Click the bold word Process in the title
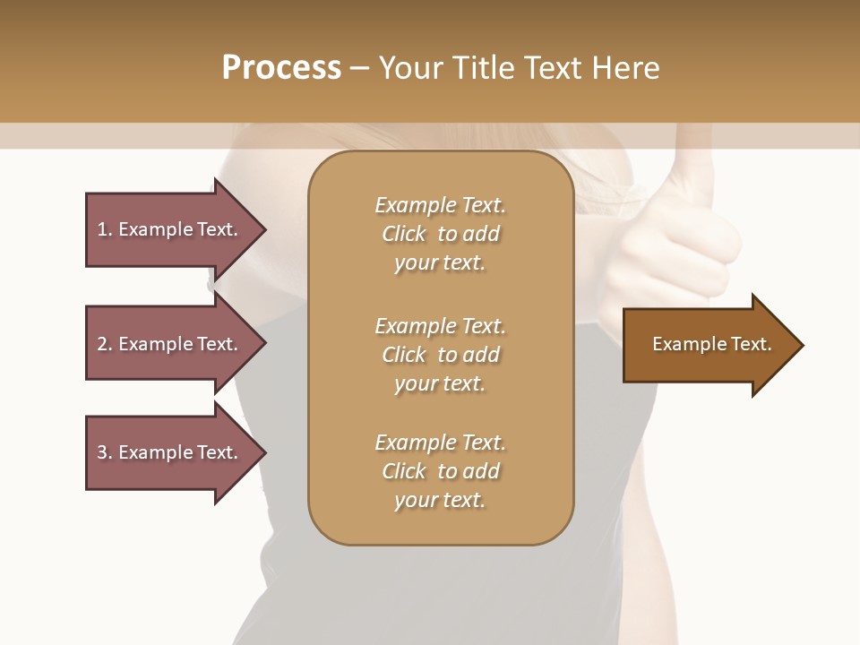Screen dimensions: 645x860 (x=281, y=68)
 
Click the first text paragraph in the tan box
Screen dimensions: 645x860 (x=440, y=234)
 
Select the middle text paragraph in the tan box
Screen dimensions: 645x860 (x=440, y=355)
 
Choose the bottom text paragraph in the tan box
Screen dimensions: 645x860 (x=440, y=471)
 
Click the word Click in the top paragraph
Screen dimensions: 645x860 (x=404, y=234)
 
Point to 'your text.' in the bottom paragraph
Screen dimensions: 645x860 (x=440, y=500)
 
